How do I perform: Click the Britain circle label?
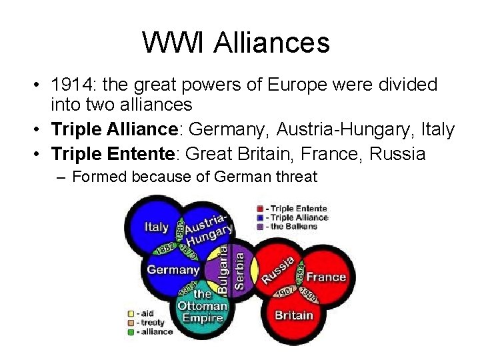pos(294,315)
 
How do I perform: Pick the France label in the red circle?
pos(326,277)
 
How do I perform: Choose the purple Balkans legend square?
pos(259,226)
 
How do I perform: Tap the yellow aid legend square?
pos(131,313)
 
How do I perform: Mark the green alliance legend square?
pos(131,331)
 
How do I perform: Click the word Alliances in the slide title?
pos(272,43)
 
